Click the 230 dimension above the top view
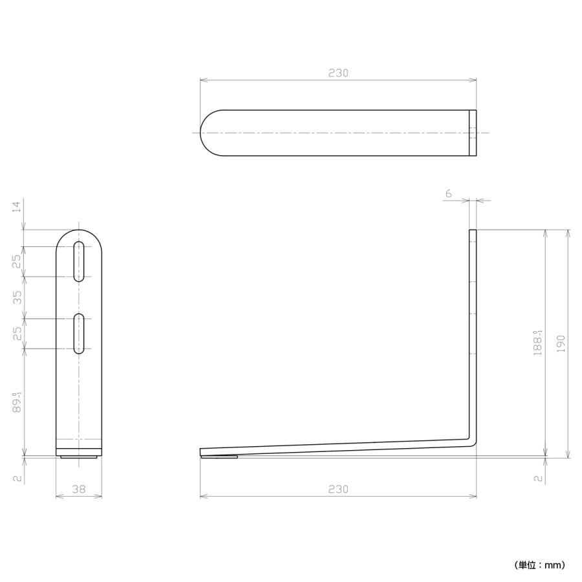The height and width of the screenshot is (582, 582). tap(338, 73)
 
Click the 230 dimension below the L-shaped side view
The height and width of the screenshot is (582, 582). tap(338, 489)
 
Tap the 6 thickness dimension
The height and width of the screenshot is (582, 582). tap(449, 193)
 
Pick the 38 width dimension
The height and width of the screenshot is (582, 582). tap(79, 490)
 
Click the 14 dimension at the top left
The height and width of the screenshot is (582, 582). tap(17, 206)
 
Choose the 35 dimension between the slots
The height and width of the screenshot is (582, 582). tap(17, 297)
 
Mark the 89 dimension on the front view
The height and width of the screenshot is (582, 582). tap(18, 402)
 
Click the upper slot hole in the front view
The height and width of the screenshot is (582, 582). tap(79, 261)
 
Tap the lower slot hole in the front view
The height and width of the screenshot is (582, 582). tap(79, 333)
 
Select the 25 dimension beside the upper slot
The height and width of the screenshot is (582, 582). tap(17, 261)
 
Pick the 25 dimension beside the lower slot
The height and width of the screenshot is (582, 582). tap(17, 333)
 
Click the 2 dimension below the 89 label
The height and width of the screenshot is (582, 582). tap(17, 479)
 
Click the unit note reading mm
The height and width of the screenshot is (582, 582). tap(541, 565)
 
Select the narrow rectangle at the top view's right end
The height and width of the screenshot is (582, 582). tap(473, 133)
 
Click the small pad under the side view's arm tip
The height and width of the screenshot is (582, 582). tap(219, 457)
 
